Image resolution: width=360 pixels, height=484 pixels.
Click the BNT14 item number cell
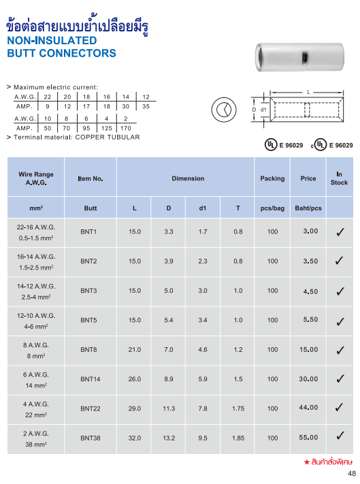[88, 379]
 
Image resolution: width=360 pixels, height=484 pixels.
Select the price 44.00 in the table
[310, 408]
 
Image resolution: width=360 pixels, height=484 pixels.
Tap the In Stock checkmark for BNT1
[339, 232]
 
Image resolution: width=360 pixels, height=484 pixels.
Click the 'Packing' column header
[272, 178]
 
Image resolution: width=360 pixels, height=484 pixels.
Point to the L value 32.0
[135, 438]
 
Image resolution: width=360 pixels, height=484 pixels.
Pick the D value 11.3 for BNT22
[169, 408]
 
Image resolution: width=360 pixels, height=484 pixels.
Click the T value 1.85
[238, 438]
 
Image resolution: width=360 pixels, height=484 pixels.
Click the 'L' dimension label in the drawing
[308, 91]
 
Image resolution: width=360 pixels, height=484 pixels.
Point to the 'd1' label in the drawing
[263, 110]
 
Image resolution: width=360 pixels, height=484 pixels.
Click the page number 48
[351, 474]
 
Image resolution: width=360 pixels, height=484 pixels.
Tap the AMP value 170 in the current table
[125, 128]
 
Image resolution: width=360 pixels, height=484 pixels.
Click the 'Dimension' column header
[188, 178]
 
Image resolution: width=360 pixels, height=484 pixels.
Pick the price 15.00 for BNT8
[310, 349]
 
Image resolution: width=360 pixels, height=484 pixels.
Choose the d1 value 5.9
[203, 379]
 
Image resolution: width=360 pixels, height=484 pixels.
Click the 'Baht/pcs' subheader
[308, 208]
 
